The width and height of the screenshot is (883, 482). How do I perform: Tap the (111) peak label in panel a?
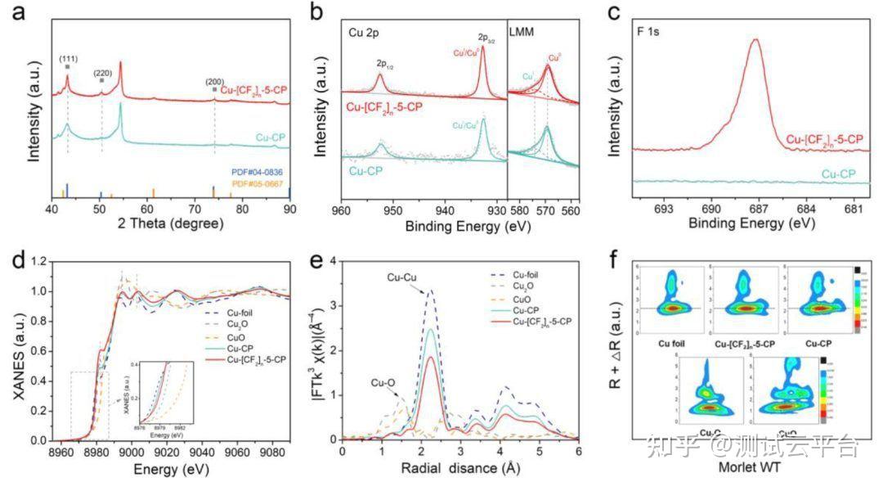point(67,58)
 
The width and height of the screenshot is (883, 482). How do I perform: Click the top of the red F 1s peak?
point(755,39)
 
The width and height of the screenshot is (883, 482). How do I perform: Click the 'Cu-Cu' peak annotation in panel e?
point(403,278)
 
